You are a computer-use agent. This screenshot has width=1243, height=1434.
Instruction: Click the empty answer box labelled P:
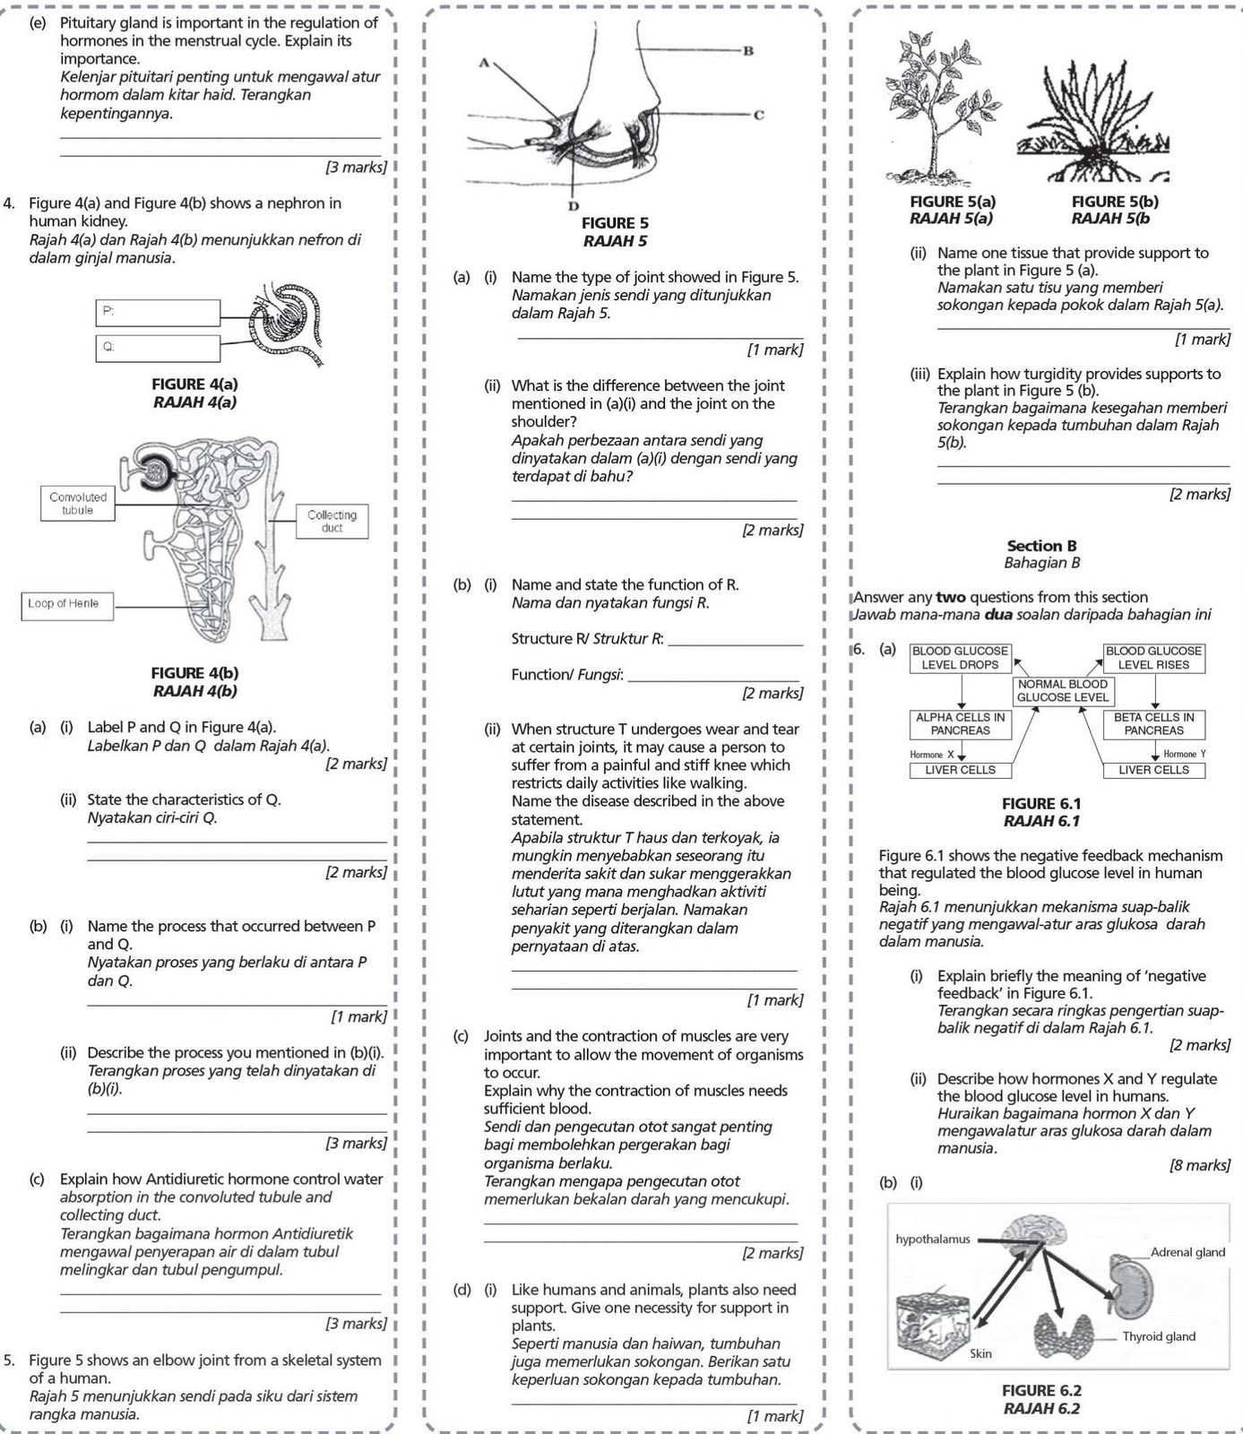(158, 313)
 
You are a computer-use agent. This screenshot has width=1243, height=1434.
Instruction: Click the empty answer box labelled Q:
(158, 348)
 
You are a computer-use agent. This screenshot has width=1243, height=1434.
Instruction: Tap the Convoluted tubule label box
(78, 504)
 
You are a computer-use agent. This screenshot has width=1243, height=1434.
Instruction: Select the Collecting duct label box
(332, 522)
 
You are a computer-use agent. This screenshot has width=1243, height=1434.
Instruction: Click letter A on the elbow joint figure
(484, 63)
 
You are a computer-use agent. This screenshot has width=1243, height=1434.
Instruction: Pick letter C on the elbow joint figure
(758, 115)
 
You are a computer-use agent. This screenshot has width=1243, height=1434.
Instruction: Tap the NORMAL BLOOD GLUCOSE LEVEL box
(1062, 690)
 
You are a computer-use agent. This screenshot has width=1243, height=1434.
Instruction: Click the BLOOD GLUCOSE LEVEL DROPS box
(960, 658)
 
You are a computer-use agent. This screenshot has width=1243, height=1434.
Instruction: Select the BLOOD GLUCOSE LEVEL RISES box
(1154, 658)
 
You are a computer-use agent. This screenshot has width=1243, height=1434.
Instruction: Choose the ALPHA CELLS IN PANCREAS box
(960, 723)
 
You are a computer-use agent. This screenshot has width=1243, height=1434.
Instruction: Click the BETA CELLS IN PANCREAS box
(1154, 723)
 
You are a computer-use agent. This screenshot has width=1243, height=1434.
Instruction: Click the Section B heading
(1041, 546)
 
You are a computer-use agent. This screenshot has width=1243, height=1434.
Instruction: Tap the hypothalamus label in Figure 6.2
(932, 1240)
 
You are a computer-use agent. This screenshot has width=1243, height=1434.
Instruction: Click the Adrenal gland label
(1187, 1252)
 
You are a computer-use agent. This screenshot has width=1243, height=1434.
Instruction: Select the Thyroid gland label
(1159, 1336)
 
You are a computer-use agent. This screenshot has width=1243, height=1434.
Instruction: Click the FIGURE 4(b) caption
(194, 673)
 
